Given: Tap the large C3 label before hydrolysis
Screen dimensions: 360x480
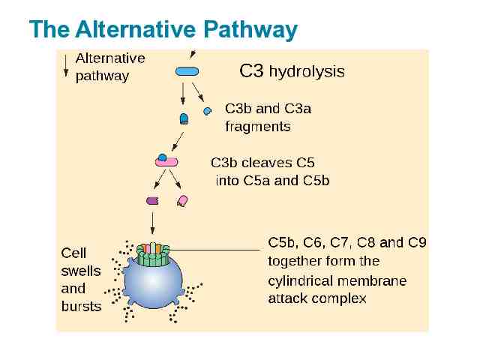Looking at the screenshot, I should (251, 71).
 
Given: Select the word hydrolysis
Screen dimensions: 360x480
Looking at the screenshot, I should (307, 72).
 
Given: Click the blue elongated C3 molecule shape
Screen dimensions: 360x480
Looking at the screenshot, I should (187, 71).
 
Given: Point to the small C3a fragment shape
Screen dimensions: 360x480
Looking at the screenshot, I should (207, 111).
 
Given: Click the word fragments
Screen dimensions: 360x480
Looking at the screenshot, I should (257, 127).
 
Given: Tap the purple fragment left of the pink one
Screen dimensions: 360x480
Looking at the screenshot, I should (152, 200).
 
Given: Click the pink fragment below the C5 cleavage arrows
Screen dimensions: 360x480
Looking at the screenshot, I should (181, 200).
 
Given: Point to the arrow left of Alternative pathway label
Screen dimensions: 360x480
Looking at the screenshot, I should (66, 66).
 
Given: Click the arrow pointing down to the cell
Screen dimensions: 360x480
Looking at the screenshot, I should (153, 222).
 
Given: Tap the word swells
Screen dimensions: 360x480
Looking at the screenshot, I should (80, 271).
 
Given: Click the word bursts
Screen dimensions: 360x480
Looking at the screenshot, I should (81, 306).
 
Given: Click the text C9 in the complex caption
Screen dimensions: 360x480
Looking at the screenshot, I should (417, 242).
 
